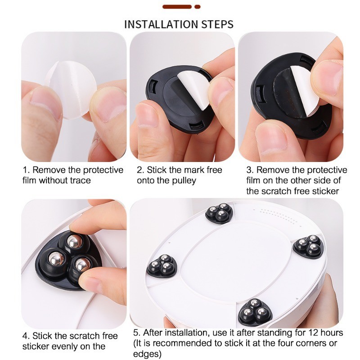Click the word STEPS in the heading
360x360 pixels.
[x=218, y=24]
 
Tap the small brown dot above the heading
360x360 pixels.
[x=198, y=7]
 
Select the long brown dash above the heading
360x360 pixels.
[x=177, y=7]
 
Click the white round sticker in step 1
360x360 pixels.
[x=71, y=90]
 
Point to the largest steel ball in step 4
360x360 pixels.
[x=55, y=259]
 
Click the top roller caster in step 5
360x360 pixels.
[x=219, y=213]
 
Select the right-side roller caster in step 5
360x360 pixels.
[x=309, y=246]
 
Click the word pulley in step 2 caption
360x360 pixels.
[x=183, y=180]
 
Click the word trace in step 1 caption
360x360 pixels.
[x=81, y=180]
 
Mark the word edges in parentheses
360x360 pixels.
[x=145, y=354]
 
